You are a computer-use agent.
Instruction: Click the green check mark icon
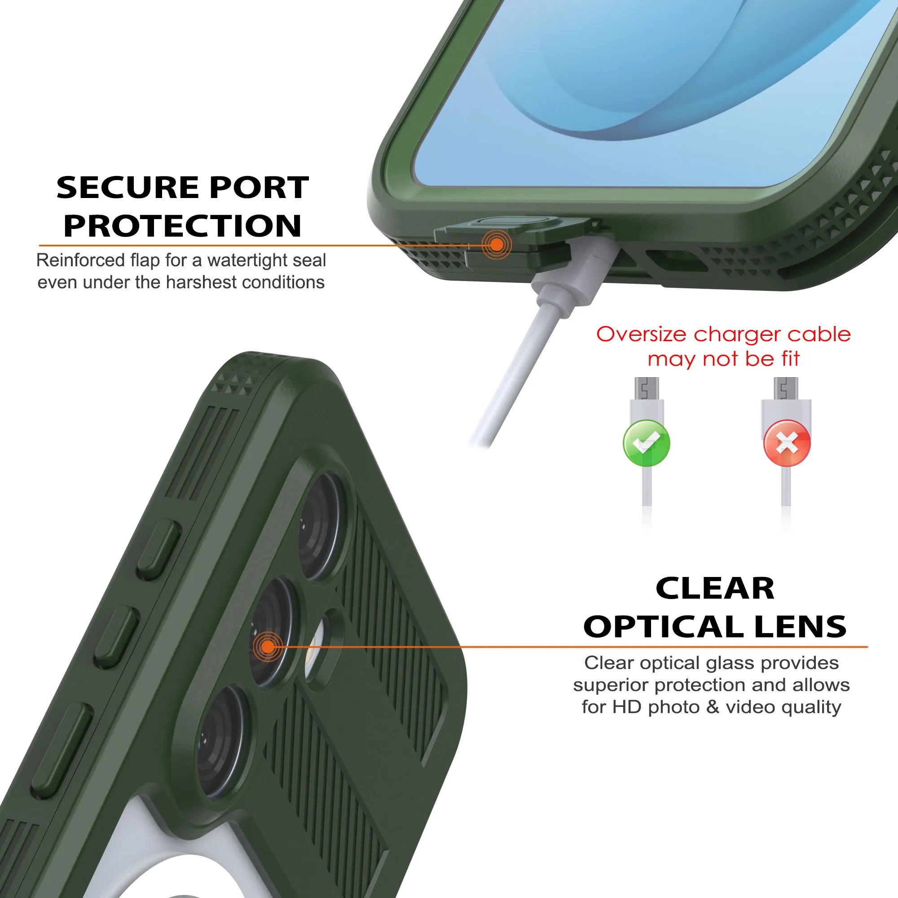(x=646, y=443)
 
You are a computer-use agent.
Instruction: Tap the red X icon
(x=787, y=443)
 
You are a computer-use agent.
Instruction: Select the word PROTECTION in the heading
(x=183, y=225)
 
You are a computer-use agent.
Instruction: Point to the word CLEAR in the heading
(x=715, y=589)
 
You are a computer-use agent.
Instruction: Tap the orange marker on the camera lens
(x=268, y=646)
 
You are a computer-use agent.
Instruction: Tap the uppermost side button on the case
(x=159, y=550)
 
